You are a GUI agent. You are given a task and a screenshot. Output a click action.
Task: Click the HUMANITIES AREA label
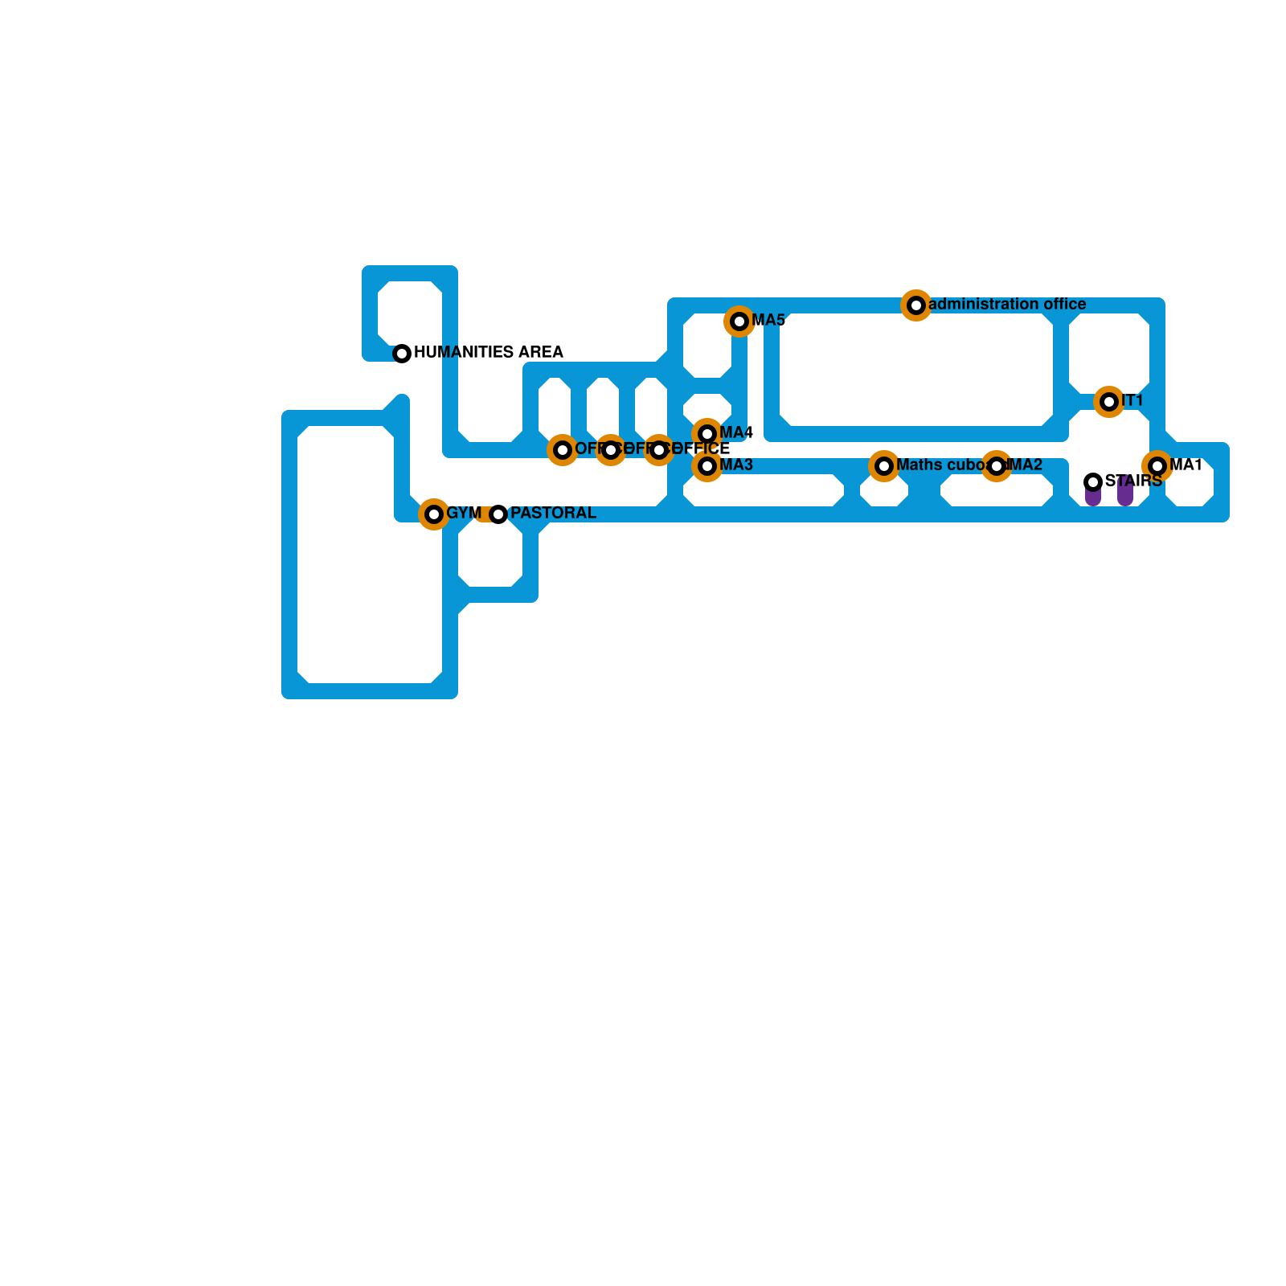(488, 353)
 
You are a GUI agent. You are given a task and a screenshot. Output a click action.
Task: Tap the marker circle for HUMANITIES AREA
(402, 354)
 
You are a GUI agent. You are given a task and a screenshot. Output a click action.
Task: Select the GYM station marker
(434, 514)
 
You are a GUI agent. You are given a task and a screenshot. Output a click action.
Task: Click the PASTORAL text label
(553, 514)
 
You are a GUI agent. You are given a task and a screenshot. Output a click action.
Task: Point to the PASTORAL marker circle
(498, 514)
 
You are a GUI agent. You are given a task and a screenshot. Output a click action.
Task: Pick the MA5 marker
(739, 321)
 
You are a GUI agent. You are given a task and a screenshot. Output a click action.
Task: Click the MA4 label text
(736, 433)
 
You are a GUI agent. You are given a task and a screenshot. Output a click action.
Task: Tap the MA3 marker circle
(707, 466)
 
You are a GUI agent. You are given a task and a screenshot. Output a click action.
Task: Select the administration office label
(1007, 305)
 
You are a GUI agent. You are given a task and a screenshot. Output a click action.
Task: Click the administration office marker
(916, 305)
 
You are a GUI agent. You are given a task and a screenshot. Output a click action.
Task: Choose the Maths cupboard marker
(884, 466)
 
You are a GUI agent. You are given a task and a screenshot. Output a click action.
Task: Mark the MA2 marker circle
(997, 466)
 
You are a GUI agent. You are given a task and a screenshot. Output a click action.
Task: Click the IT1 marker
(1109, 402)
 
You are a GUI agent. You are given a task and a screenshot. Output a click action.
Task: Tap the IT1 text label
(1132, 401)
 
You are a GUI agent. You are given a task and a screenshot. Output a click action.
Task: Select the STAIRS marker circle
(1093, 482)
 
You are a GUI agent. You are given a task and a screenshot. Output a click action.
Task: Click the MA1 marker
(1157, 466)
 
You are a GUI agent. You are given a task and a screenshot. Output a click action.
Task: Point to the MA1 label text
(1186, 465)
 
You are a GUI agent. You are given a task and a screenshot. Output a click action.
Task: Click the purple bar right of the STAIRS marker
(1125, 493)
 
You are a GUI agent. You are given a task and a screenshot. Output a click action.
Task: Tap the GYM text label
(464, 514)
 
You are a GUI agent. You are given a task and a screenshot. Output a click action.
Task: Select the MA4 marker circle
(707, 434)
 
